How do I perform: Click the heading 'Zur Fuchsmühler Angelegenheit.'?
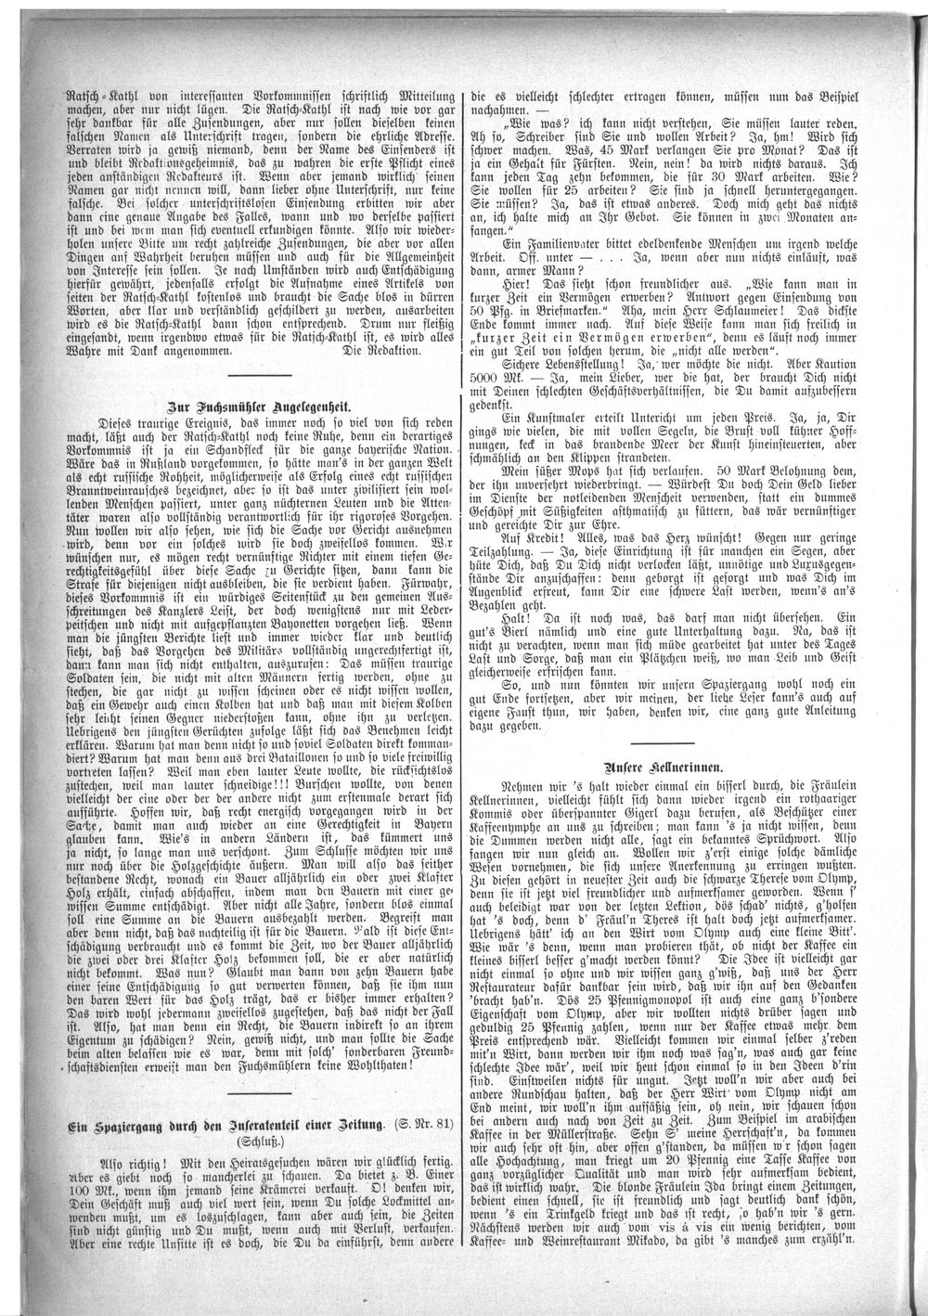click(x=264, y=405)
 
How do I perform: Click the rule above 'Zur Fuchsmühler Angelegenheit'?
click(x=252, y=373)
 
